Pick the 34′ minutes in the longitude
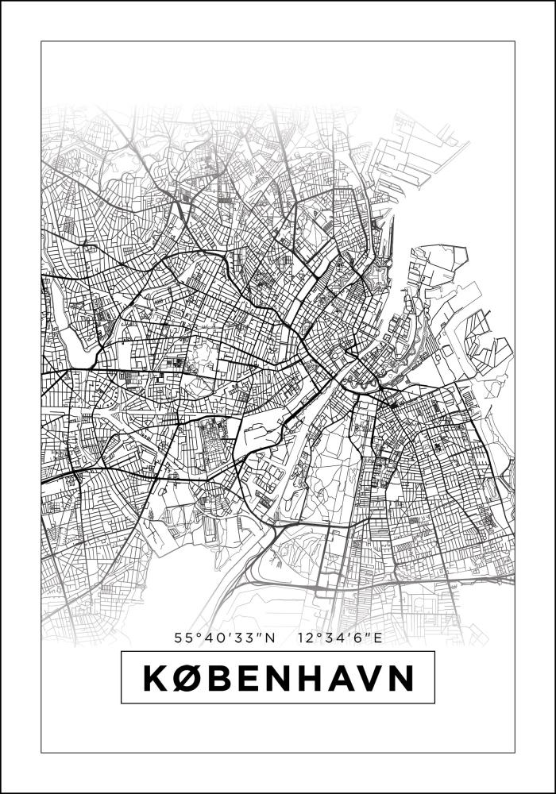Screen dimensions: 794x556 point(334,637)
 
